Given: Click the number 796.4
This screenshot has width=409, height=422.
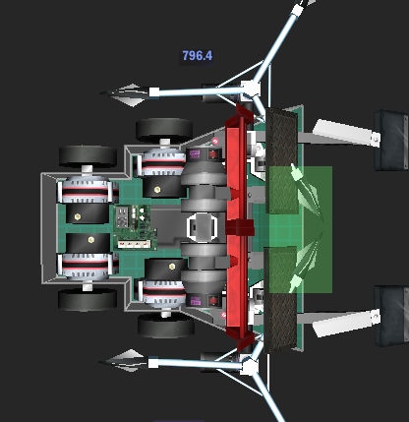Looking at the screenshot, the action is (x=198, y=56).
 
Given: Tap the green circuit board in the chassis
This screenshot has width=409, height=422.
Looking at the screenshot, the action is (x=135, y=227).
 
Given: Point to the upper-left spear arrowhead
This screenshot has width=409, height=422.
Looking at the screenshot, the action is (x=126, y=94).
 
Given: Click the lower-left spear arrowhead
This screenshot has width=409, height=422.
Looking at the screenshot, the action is (x=125, y=360).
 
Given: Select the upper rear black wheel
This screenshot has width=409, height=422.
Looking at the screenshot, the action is (x=88, y=156).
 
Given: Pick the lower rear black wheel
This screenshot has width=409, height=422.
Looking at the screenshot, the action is (x=88, y=299).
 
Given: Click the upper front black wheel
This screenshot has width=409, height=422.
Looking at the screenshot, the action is (x=164, y=129).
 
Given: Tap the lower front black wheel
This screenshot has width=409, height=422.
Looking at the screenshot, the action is (x=166, y=326).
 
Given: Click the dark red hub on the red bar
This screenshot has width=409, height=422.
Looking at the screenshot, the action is (x=240, y=227).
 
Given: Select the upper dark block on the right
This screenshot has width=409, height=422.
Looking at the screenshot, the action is (x=391, y=140).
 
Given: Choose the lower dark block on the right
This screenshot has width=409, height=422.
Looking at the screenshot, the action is (x=391, y=316).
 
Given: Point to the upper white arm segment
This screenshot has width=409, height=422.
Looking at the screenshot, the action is (x=346, y=134).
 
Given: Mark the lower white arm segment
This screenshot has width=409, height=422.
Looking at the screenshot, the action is (x=346, y=323).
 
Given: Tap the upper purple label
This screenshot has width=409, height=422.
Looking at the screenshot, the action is (x=195, y=154).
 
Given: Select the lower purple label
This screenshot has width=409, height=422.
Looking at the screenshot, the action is (x=195, y=301).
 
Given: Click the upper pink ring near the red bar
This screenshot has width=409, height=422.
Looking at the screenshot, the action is (x=215, y=142).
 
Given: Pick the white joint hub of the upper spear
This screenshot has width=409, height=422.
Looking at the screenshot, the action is (x=251, y=89).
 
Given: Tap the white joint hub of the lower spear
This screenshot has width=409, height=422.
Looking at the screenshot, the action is (x=250, y=367).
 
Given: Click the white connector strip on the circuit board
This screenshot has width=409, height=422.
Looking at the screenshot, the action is (x=135, y=244).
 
